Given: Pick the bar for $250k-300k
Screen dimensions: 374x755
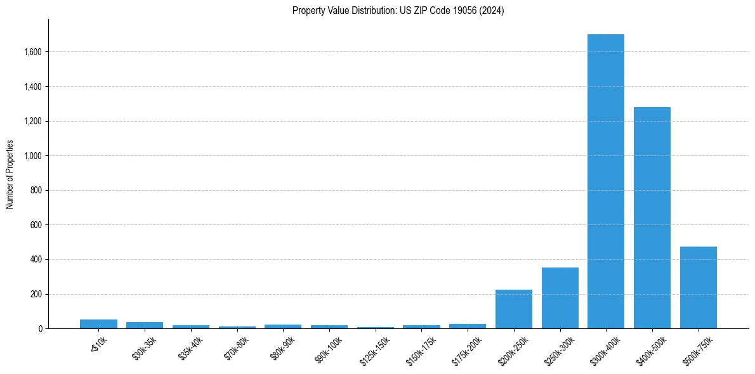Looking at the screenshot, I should pos(560,298).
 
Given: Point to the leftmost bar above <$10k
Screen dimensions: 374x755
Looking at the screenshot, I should pos(98,324).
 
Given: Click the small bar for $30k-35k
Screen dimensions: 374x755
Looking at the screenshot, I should pos(145,325).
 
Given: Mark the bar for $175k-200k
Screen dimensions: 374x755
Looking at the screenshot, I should pos(468,326).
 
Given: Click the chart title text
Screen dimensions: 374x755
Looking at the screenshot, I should pos(398,11).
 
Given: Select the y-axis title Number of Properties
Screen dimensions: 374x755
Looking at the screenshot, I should pos(10,174).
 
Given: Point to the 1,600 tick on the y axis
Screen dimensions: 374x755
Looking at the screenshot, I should pos(32,52).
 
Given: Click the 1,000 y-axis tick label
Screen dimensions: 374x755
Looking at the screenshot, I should pos(32,156).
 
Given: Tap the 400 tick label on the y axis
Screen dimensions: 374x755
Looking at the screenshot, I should pos(36,260).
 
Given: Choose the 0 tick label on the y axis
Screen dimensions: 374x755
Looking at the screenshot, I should pos(41,329).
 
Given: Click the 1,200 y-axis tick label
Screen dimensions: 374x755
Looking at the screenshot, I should pos(32,121).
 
